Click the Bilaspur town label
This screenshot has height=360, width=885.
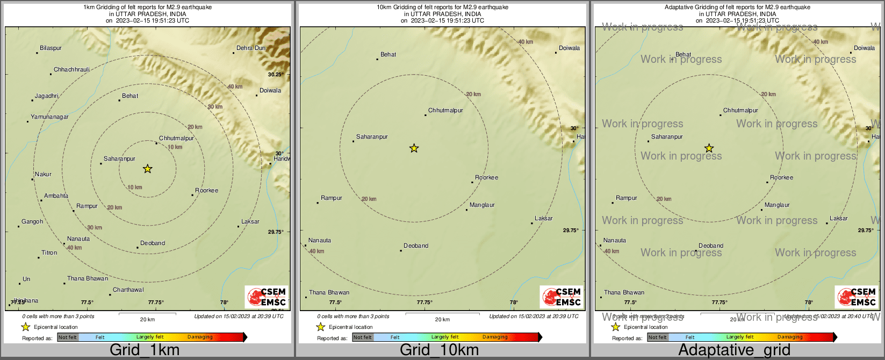point(51,48)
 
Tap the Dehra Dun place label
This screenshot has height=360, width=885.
point(251,48)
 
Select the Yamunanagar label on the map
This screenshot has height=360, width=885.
point(49,117)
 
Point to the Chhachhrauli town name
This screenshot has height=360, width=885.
point(71,70)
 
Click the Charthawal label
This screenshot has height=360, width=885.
point(128,290)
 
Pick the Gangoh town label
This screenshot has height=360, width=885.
point(32,222)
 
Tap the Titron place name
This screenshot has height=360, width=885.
point(49,253)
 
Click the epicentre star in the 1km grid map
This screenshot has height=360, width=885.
point(148,169)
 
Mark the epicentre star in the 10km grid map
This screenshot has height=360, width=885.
point(414,148)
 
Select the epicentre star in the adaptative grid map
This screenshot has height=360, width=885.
point(709,148)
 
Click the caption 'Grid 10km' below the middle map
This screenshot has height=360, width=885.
point(439,350)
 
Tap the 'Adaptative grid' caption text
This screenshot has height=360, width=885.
point(734,350)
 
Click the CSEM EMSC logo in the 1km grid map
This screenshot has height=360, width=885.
point(266,297)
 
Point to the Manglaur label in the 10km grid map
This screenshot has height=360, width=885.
point(482,205)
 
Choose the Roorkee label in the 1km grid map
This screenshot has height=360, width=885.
point(207,191)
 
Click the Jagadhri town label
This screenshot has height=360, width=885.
point(47,96)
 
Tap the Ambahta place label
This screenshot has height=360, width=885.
point(56,196)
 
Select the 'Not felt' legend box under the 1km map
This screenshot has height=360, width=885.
point(68,337)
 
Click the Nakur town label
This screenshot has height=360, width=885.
point(44,175)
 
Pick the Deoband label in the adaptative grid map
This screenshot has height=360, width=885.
point(711,246)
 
